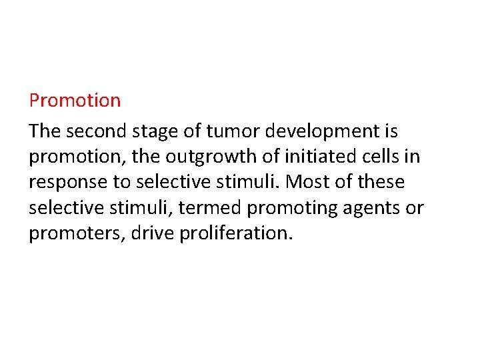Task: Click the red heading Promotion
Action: coord(75,101)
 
